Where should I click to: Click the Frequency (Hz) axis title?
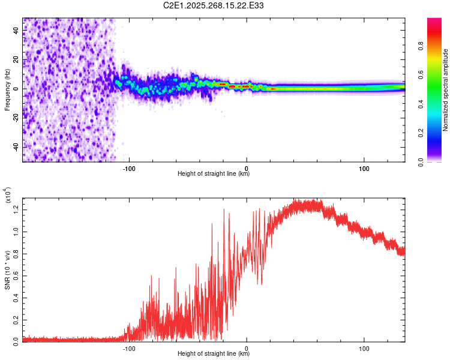7,90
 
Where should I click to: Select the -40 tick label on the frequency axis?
16,147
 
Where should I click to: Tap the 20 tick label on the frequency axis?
16,59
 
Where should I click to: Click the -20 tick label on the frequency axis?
16,118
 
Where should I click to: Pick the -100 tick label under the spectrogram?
129,168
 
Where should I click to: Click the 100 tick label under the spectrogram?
364,168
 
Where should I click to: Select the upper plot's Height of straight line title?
214,174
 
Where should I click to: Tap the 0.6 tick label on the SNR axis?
16,274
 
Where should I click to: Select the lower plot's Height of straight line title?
214,354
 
